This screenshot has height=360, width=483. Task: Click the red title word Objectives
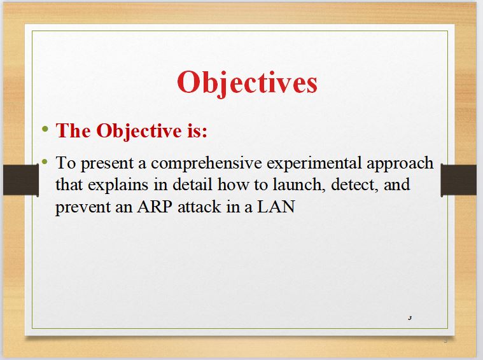click(247, 83)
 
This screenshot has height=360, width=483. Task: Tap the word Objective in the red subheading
click(139, 132)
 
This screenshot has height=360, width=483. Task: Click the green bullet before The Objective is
click(45, 128)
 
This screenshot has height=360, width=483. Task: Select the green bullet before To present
click(45, 162)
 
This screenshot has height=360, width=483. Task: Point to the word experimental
click(314, 163)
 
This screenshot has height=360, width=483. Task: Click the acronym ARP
click(155, 206)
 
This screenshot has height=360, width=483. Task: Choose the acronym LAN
click(276, 206)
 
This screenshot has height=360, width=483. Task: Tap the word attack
click(199, 206)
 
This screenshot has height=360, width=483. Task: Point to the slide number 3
click(410, 318)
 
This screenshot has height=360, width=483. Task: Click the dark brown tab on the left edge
click(21, 180)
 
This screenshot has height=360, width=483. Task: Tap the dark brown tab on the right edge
click(459, 180)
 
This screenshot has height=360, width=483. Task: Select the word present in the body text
click(107, 163)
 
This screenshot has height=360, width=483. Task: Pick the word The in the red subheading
click(73, 130)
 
